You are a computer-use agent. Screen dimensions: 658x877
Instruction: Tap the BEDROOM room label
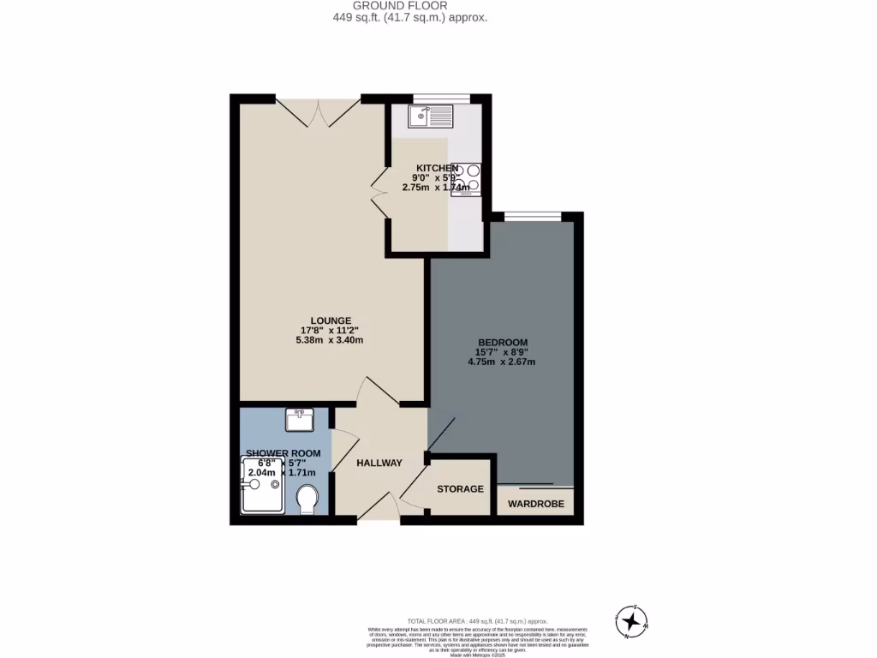[x=502, y=343]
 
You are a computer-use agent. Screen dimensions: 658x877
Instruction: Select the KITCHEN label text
[x=438, y=168]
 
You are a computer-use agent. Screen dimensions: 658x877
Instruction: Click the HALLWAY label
[x=379, y=463]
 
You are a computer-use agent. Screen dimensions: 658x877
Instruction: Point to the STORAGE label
[x=460, y=489]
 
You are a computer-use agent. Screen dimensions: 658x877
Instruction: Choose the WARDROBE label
[x=536, y=504]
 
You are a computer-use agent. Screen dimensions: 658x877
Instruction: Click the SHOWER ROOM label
[x=283, y=453]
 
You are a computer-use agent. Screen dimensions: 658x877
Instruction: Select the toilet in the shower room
[x=306, y=499]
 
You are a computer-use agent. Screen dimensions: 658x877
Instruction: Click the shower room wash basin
[x=300, y=419]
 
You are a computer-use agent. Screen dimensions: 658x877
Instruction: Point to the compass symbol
[x=631, y=621]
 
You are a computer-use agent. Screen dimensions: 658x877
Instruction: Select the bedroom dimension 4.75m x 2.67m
[x=502, y=362]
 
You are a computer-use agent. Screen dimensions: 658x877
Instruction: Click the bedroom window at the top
[x=533, y=217]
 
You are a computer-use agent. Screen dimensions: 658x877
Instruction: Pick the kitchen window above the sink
[x=441, y=99]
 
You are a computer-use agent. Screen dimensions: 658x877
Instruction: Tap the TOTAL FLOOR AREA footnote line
[x=478, y=621]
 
